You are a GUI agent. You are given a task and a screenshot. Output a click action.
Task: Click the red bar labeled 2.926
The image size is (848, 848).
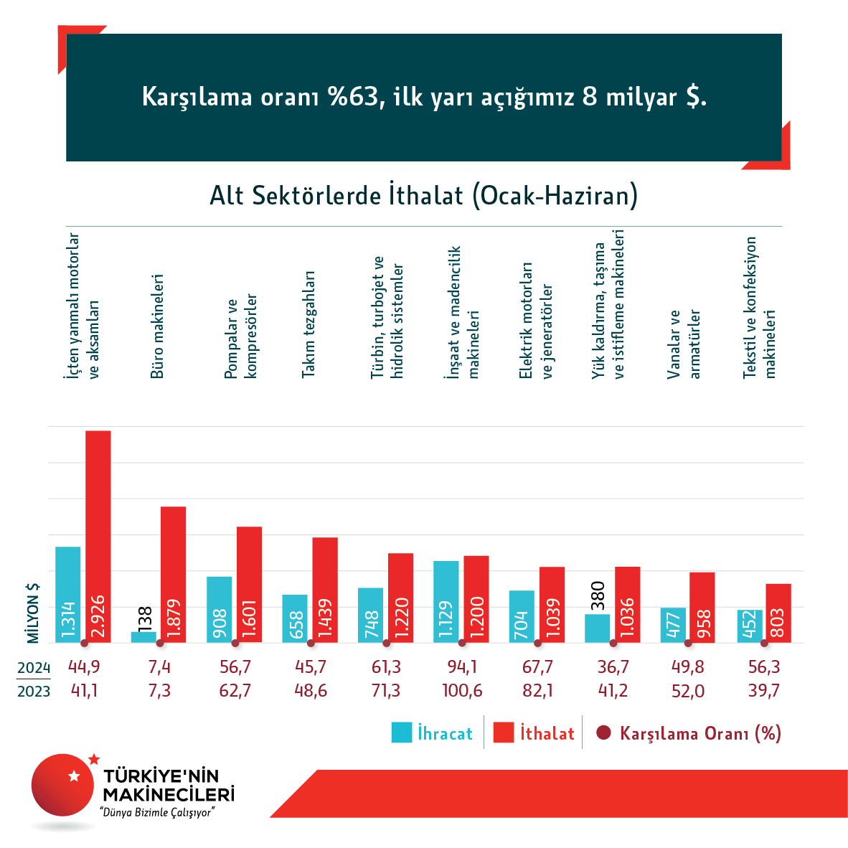pos(98,536)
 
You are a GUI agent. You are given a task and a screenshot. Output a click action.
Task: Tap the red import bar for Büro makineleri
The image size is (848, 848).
pos(173,574)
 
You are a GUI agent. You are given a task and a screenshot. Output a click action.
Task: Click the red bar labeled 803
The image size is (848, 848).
pos(778,613)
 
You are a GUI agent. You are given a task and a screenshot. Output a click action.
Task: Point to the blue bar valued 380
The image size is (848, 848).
pos(598,628)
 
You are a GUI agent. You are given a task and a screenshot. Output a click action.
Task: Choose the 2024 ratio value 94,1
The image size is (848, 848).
pos(462,667)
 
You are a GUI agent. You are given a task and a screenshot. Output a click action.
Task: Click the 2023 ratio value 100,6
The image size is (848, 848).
pos(462,691)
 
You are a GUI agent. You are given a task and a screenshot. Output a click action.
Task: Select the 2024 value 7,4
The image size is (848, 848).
pos(159,667)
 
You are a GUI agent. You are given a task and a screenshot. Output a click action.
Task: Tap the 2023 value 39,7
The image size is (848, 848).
pos(764,691)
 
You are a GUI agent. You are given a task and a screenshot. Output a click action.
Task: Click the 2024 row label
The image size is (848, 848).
pos(34,668)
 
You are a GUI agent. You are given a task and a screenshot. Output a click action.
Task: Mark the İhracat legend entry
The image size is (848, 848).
pos(432,733)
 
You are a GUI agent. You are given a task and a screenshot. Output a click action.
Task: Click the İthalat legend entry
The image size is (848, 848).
pos(534,733)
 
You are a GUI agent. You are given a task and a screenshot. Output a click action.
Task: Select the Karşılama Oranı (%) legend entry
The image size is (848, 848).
pos(689,733)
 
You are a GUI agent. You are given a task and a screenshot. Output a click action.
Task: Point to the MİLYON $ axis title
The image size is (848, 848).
pos(33,613)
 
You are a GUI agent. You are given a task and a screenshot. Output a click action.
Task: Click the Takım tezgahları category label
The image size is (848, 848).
pos(308,324)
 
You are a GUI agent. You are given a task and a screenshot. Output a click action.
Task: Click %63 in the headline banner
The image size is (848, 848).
pos(352,97)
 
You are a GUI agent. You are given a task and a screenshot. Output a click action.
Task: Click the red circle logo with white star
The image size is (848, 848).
pos(63,784)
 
